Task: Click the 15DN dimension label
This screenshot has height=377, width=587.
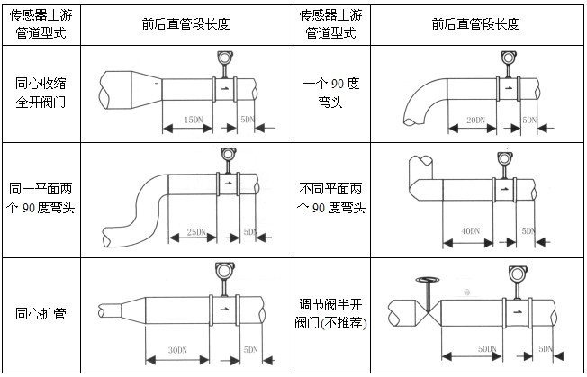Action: (191, 119)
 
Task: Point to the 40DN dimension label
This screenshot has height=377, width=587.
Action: (470, 232)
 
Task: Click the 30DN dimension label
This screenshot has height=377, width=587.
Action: (177, 349)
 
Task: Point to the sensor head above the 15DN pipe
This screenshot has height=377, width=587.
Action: (225, 59)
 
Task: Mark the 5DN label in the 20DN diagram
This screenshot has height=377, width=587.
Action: (529, 119)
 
